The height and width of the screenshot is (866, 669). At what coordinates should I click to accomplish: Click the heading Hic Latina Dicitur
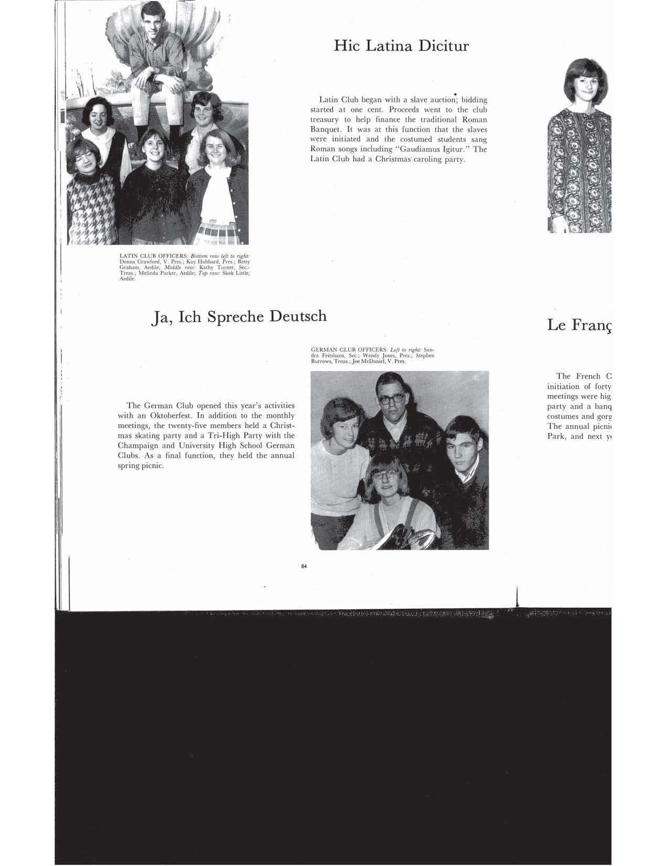[401, 46]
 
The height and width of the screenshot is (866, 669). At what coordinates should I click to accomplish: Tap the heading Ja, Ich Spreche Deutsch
[238, 316]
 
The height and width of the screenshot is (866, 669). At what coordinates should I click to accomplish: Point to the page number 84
[304, 566]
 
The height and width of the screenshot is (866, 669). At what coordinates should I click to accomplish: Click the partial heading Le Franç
[579, 325]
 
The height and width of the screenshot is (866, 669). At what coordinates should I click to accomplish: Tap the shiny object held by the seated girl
[415, 538]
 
